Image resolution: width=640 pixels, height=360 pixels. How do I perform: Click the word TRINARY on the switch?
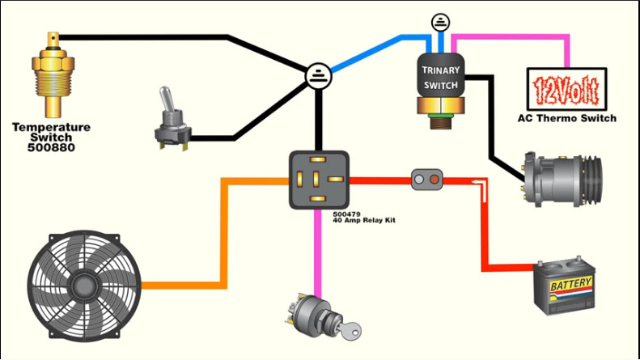tap(441, 70)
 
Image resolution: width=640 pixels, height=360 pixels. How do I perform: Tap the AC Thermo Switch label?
tap(566, 118)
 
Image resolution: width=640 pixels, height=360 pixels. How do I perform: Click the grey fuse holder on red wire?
tap(427, 179)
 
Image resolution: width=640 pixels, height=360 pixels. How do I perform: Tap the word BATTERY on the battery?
tap(570, 284)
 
